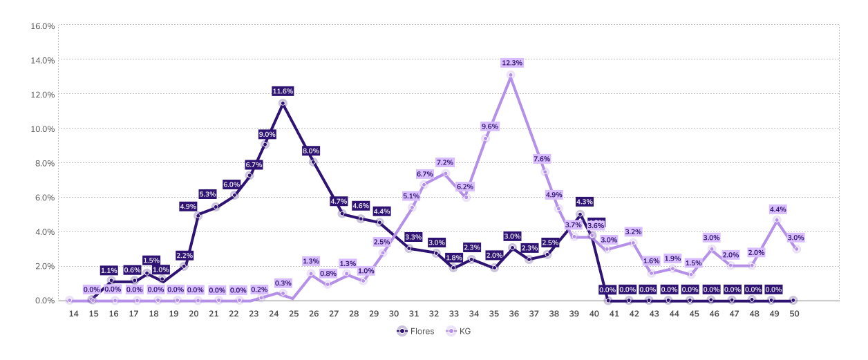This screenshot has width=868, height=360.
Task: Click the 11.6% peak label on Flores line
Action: click(283, 91)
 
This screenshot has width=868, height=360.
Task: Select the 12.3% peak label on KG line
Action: click(511, 63)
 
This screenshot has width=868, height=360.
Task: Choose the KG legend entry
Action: click(460, 331)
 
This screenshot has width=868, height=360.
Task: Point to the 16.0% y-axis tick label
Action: click(43, 26)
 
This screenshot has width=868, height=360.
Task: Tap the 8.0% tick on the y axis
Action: click(44, 163)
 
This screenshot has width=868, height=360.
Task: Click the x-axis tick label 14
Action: click(74, 314)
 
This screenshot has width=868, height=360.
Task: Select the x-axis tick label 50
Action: click(795, 314)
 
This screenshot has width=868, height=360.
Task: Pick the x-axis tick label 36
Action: click(514, 314)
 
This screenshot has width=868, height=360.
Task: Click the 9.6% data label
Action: click(490, 126)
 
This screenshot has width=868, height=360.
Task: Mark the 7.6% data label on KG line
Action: click(542, 159)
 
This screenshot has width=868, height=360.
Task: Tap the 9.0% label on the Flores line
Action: click(267, 134)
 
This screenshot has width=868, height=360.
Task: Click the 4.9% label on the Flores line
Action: click(188, 206)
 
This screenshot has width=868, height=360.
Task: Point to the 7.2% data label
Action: click(444, 162)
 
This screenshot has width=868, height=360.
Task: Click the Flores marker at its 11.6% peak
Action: click(283, 103)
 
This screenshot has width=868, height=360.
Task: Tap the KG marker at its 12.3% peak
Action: click(511, 75)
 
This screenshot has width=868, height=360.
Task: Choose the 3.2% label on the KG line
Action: click(633, 231)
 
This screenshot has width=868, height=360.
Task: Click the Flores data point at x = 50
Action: click(793, 301)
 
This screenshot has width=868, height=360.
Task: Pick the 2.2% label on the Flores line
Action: click(184, 256)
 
